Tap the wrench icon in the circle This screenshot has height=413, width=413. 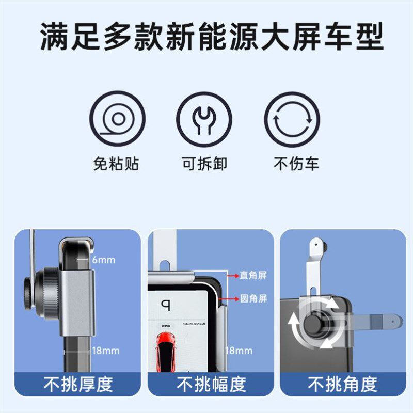(204, 119)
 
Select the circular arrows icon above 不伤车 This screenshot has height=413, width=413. (292, 119)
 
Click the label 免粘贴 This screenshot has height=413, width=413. (116, 164)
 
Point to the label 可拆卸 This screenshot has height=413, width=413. (204, 164)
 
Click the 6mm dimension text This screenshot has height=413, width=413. (104, 260)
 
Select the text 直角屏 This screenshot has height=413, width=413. (253, 275)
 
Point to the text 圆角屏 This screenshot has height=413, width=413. (253, 298)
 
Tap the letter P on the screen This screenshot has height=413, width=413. (165, 305)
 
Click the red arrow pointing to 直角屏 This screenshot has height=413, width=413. (233, 275)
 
